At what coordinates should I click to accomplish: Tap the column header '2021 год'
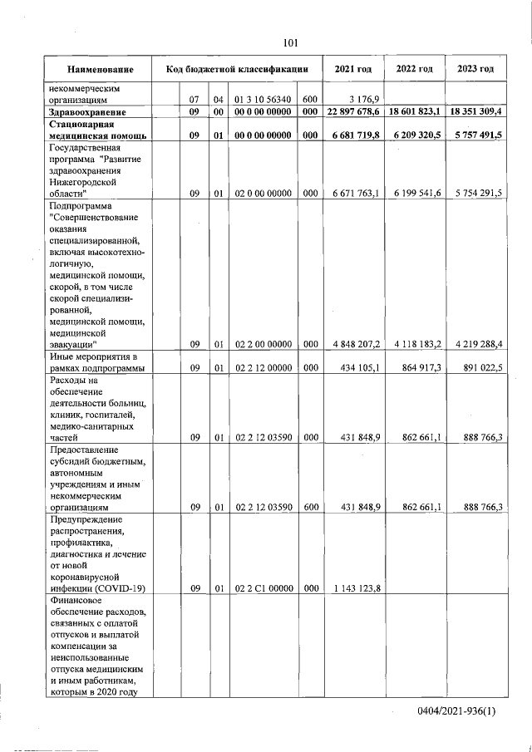[352, 68]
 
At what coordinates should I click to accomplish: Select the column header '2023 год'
[475, 68]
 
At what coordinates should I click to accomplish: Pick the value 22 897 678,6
[353, 111]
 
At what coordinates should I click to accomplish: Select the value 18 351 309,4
[476, 111]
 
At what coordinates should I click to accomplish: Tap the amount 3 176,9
[364, 99]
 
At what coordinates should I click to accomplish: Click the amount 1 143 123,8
[355, 588]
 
